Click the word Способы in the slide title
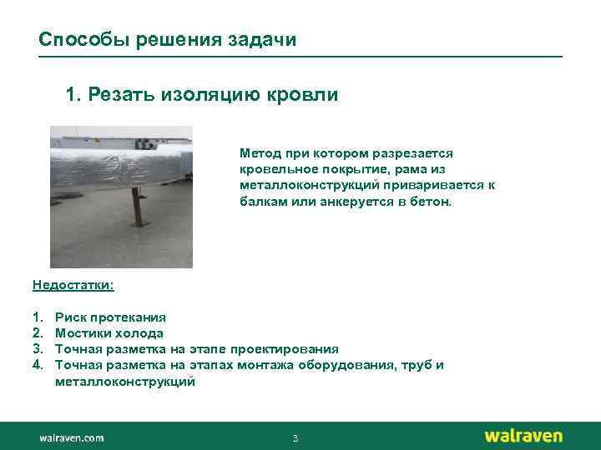(74, 40)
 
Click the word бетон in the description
(429, 202)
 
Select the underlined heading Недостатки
(73, 285)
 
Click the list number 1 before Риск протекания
(38, 317)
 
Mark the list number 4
(38, 365)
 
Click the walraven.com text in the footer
(71, 437)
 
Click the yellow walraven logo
(523, 436)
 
